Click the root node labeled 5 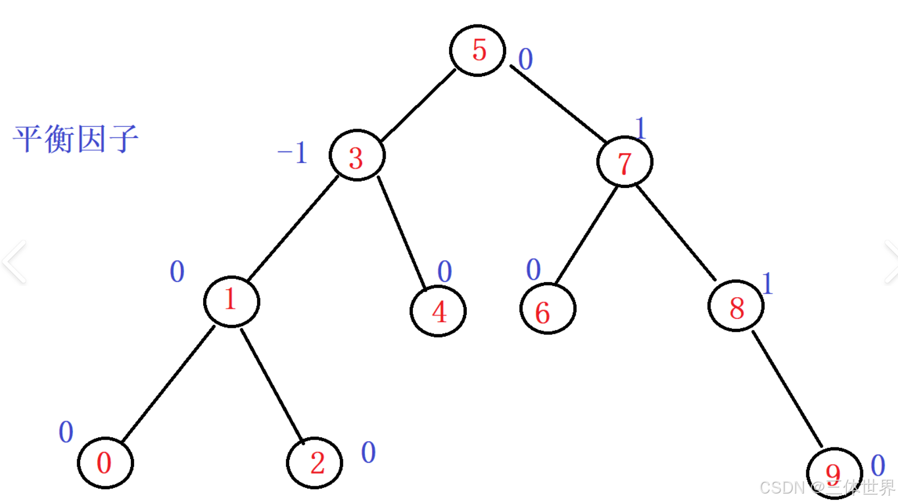pyautogui.click(x=477, y=50)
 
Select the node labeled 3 pyautogui.click(x=357, y=156)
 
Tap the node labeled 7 pyautogui.click(x=624, y=162)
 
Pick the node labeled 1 pyautogui.click(x=231, y=301)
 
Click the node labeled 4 pyautogui.click(x=438, y=311)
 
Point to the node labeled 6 pyautogui.click(x=547, y=309)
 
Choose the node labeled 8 pyautogui.click(x=736, y=306)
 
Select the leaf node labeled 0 pyautogui.click(x=105, y=463)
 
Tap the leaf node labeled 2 pyautogui.click(x=314, y=463)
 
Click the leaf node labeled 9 pyautogui.click(x=833, y=474)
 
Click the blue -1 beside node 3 pyautogui.click(x=293, y=152)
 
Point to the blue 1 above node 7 pyautogui.click(x=640, y=128)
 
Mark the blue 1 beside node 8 pyautogui.click(x=767, y=283)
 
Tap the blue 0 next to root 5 pyautogui.click(x=525, y=59)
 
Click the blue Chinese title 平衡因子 pyautogui.click(x=76, y=139)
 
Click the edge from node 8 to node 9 pyautogui.click(x=787, y=388)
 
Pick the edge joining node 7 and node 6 pyautogui.click(x=586, y=234)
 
